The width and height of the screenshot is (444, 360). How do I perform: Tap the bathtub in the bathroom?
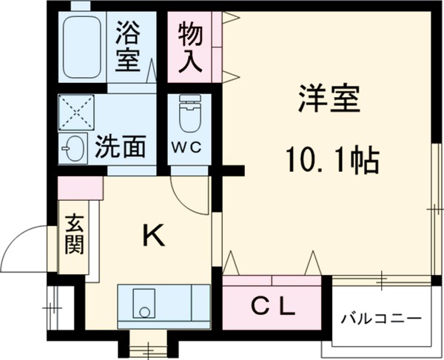point(82,47)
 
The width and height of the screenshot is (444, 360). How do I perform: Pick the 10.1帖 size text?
point(332,158)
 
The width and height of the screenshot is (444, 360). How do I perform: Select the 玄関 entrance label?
point(73,234)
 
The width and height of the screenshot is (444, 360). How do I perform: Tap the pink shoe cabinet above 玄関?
point(80,188)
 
